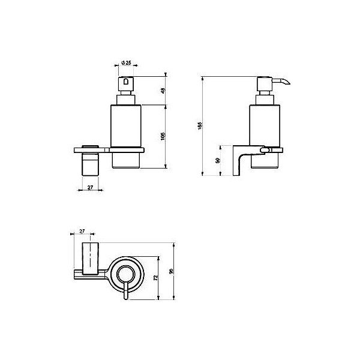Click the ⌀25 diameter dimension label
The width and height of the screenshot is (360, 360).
(x=126, y=63)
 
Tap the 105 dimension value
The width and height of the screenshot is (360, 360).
(x=163, y=136)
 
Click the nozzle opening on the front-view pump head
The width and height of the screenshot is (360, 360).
(x=127, y=82)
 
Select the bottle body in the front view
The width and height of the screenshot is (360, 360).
(x=127, y=125)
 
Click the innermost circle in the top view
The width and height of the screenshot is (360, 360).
(x=125, y=274)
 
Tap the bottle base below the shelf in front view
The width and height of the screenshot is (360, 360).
(x=127, y=159)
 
